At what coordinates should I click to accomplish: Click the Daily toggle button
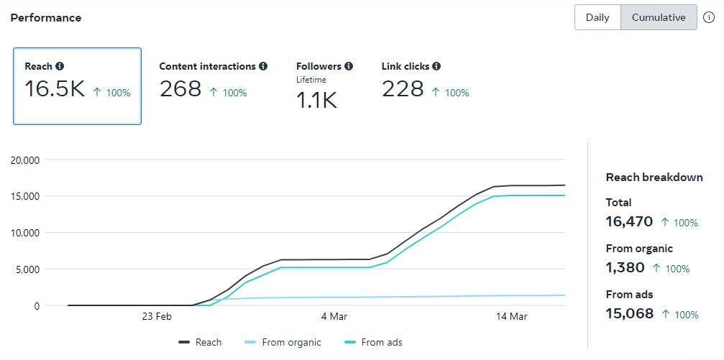(x=597, y=18)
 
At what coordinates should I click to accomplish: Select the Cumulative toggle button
(x=659, y=18)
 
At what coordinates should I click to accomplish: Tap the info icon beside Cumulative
(x=709, y=18)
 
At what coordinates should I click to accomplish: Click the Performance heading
(x=45, y=18)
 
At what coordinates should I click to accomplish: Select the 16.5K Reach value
(x=55, y=89)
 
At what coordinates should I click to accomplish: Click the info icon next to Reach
(x=60, y=66)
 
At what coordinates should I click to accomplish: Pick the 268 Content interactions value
(x=180, y=89)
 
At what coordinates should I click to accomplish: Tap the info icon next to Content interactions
(x=263, y=66)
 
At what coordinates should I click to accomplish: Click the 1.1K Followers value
(x=316, y=101)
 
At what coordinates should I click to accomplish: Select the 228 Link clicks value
(x=403, y=89)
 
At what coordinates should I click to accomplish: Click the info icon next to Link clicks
(x=436, y=66)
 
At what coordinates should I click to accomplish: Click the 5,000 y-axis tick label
(x=28, y=269)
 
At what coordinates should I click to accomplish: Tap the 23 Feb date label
(x=157, y=316)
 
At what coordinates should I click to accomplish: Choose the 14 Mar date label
(x=513, y=316)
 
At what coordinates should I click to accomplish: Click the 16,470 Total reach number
(x=629, y=222)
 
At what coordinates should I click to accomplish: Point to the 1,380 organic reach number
(x=625, y=268)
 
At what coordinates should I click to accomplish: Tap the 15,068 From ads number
(x=630, y=314)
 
